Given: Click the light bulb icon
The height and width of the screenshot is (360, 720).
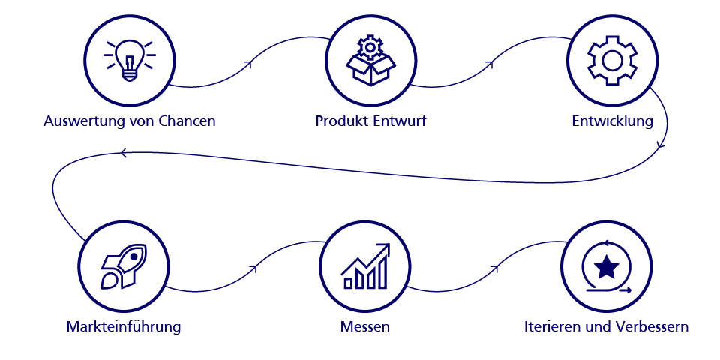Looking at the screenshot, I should [x=130, y=60].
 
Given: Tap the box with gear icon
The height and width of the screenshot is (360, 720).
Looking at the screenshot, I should [x=370, y=61].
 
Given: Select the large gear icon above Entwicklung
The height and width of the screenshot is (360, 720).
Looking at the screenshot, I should [x=612, y=60].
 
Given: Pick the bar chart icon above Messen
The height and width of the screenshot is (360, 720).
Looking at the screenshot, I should [x=366, y=267].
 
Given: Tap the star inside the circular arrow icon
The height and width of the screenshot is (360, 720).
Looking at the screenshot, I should [x=606, y=266].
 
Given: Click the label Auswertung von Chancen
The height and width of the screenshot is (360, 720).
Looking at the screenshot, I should [x=130, y=121].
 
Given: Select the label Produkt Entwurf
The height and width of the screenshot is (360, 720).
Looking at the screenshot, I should [x=370, y=121].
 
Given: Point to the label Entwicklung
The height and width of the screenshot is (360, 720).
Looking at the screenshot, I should [x=612, y=121].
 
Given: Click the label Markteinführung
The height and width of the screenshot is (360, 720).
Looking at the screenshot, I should [x=124, y=327].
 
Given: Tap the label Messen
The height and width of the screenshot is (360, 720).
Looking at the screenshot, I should [x=365, y=327].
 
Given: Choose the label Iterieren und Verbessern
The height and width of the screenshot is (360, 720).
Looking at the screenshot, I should [x=606, y=327].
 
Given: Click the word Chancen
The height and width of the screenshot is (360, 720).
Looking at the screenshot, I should [x=187, y=121].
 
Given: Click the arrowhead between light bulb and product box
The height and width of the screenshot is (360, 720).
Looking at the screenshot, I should [x=249, y=64].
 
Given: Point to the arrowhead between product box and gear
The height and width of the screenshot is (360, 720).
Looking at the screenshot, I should [x=491, y=64].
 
